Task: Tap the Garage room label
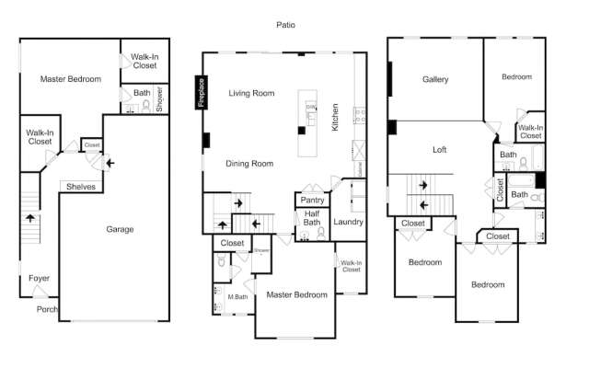119,229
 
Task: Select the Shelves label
80,187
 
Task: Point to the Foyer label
39,277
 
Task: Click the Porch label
47,309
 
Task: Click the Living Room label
252,93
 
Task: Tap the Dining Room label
250,164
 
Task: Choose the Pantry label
311,200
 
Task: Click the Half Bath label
312,217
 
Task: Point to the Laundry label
348,222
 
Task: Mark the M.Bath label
237,296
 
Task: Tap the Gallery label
435,80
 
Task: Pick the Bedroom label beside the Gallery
516,77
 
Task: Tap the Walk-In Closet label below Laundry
351,266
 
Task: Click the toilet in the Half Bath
320,233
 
